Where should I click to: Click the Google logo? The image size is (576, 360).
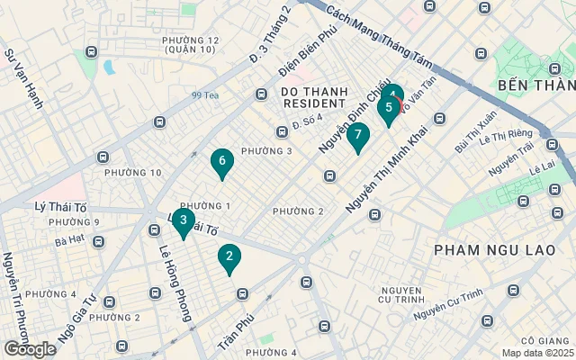pos(30,349)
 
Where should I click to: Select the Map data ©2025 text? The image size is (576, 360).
pos(535,353)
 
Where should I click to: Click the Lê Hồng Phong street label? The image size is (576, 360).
pos(175,271)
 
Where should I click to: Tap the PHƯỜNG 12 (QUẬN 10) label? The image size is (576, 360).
pos(191,45)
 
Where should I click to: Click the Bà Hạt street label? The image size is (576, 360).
pos(68,241)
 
